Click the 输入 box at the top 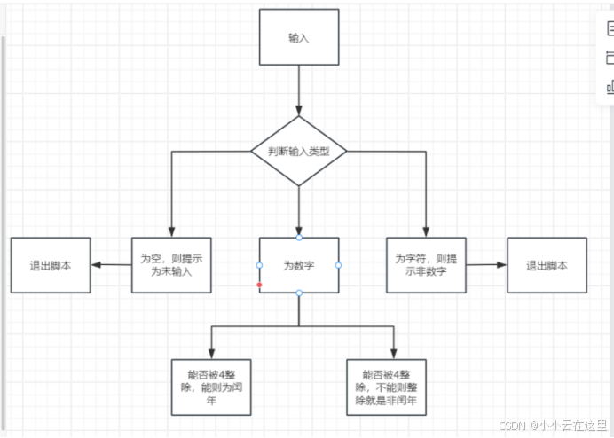(299, 37)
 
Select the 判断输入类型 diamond (299, 152)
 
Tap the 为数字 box (299, 265)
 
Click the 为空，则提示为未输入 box (171, 265)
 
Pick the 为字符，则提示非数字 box (426, 265)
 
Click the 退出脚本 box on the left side (51, 265)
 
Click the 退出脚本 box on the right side (547, 265)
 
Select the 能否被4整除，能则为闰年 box (211, 387)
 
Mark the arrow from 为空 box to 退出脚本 (112, 264)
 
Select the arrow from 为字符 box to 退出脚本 (485, 264)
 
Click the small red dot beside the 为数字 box (259, 285)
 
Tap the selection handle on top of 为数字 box (299, 238)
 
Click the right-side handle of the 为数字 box (339, 265)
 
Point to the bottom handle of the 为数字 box (299, 293)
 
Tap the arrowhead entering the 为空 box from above (171, 231)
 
